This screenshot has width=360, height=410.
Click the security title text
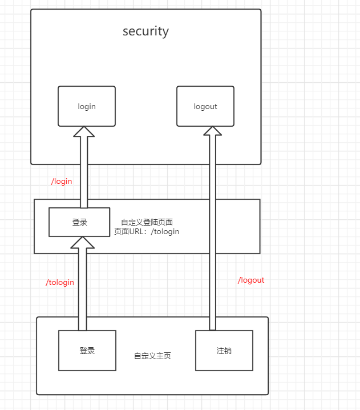[x=145, y=31]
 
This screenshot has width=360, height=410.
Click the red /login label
[x=62, y=182]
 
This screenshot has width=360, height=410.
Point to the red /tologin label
[x=60, y=282]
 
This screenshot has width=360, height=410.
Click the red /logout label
[x=251, y=280]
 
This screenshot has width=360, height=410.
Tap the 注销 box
[x=224, y=351]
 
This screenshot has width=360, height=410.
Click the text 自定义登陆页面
[x=147, y=222]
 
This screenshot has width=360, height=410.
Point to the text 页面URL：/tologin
[x=147, y=231]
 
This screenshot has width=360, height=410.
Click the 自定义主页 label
[x=152, y=356]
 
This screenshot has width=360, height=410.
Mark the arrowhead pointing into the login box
[x=84, y=132]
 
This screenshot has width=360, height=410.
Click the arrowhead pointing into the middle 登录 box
[x=82, y=242]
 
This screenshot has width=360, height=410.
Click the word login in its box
[x=87, y=107]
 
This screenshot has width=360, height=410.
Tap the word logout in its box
[x=205, y=107]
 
